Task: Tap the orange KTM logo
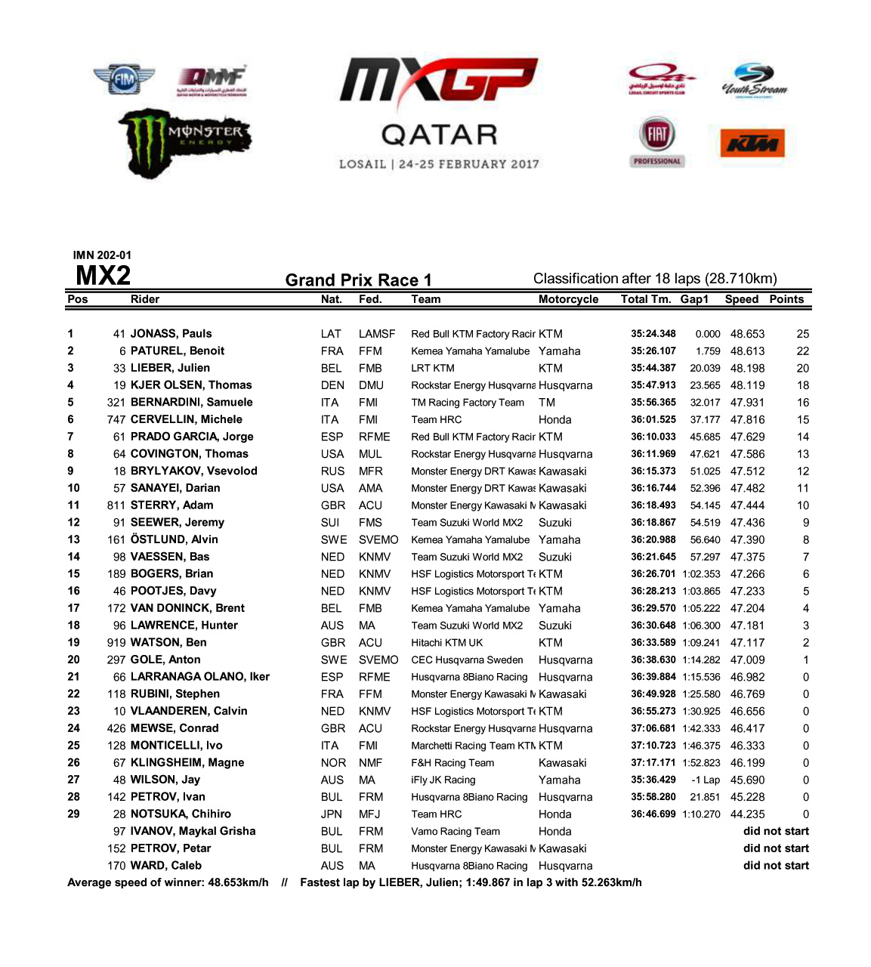pos(752,144)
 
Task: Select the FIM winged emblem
pos(124,79)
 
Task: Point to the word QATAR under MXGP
pos(439,135)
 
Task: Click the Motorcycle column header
pos(568,299)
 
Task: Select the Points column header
pos(786,299)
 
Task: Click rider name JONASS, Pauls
pos(171,334)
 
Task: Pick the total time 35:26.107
pos(653,351)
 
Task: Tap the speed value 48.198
pos(747,369)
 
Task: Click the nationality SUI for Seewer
pos(330,523)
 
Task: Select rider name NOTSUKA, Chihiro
pos(181,814)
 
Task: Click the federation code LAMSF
pos(377,334)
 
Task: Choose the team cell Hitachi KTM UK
pos(446,643)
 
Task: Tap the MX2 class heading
pos(103,276)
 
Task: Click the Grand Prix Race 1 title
pos(358,280)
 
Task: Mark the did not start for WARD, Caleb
pos(776,866)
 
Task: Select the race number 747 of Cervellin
pos(116,420)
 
